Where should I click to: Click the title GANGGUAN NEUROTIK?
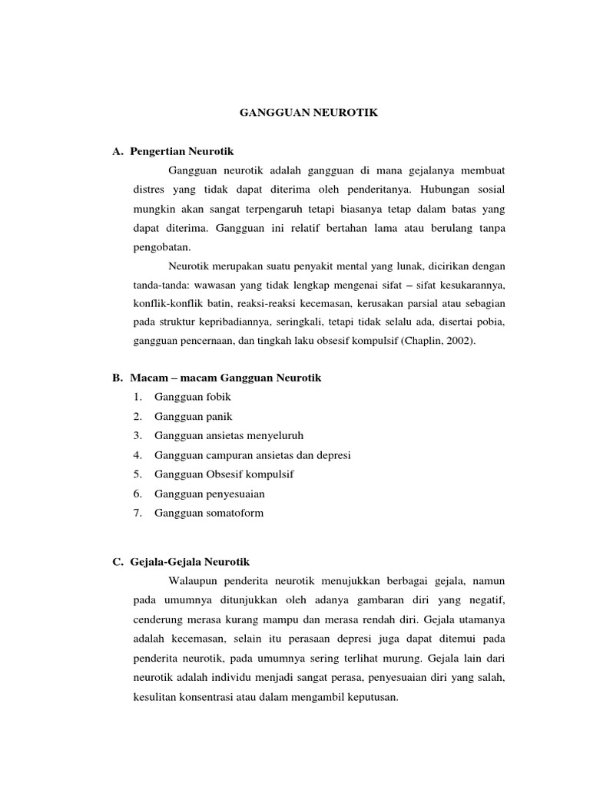310,113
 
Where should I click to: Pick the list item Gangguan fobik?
192,397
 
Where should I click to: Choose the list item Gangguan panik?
193,416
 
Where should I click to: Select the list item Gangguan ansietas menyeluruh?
224,435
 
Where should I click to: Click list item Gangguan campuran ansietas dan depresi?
252,455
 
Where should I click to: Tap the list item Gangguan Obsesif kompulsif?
224,474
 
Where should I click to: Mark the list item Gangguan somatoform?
208,513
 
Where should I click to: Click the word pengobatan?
161,247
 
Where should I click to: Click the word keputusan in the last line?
372,698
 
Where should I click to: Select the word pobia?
491,325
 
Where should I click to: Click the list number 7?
137,513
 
